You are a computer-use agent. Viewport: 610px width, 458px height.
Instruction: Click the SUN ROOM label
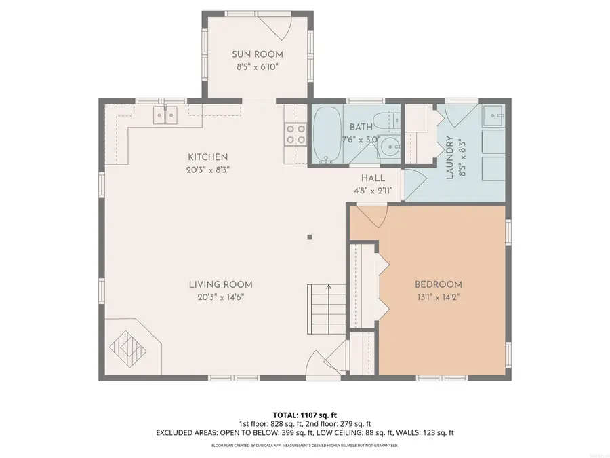[x=257, y=54]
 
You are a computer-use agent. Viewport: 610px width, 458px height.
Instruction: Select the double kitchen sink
[x=165, y=115]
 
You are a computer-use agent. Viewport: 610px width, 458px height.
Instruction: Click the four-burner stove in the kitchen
[x=295, y=134]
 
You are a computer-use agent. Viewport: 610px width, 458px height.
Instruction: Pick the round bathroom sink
[x=389, y=146]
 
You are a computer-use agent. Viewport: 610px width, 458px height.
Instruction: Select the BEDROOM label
[x=438, y=284]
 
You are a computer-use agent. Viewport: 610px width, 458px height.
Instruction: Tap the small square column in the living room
[x=310, y=237]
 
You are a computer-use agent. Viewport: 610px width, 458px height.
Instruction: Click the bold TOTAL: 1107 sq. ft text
[x=304, y=414]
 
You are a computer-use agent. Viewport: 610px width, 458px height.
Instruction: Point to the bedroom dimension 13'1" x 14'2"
[x=438, y=297]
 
